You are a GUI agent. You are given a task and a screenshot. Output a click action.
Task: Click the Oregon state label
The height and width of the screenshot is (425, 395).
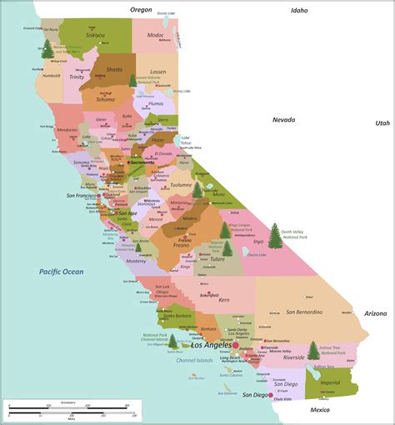pyautogui.click(x=142, y=9)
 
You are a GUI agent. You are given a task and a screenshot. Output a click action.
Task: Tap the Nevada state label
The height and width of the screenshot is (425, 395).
pyautogui.click(x=283, y=120)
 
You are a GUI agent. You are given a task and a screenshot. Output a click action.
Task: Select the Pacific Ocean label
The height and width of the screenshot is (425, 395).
pyautogui.click(x=61, y=272)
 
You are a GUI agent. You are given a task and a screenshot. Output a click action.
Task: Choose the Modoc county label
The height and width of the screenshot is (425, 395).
pyautogui.click(x=155, y=36)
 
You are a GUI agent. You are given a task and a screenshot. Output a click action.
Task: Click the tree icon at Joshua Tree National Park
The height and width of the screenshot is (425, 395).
pyautogui.click(x=312, y=350)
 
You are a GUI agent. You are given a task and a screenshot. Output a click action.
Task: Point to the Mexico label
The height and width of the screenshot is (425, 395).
pyautogui.click(x=320, y=410)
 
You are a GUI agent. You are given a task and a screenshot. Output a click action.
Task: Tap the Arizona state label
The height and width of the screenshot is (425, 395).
pyautogui.click(x=376, y=313)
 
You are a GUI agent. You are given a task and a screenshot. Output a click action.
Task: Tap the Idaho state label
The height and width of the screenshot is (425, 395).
pyautogui.click(x=298, y=11)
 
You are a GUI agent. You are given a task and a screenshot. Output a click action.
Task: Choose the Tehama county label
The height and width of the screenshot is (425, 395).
pyautogui.click(x=106, y=99)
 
